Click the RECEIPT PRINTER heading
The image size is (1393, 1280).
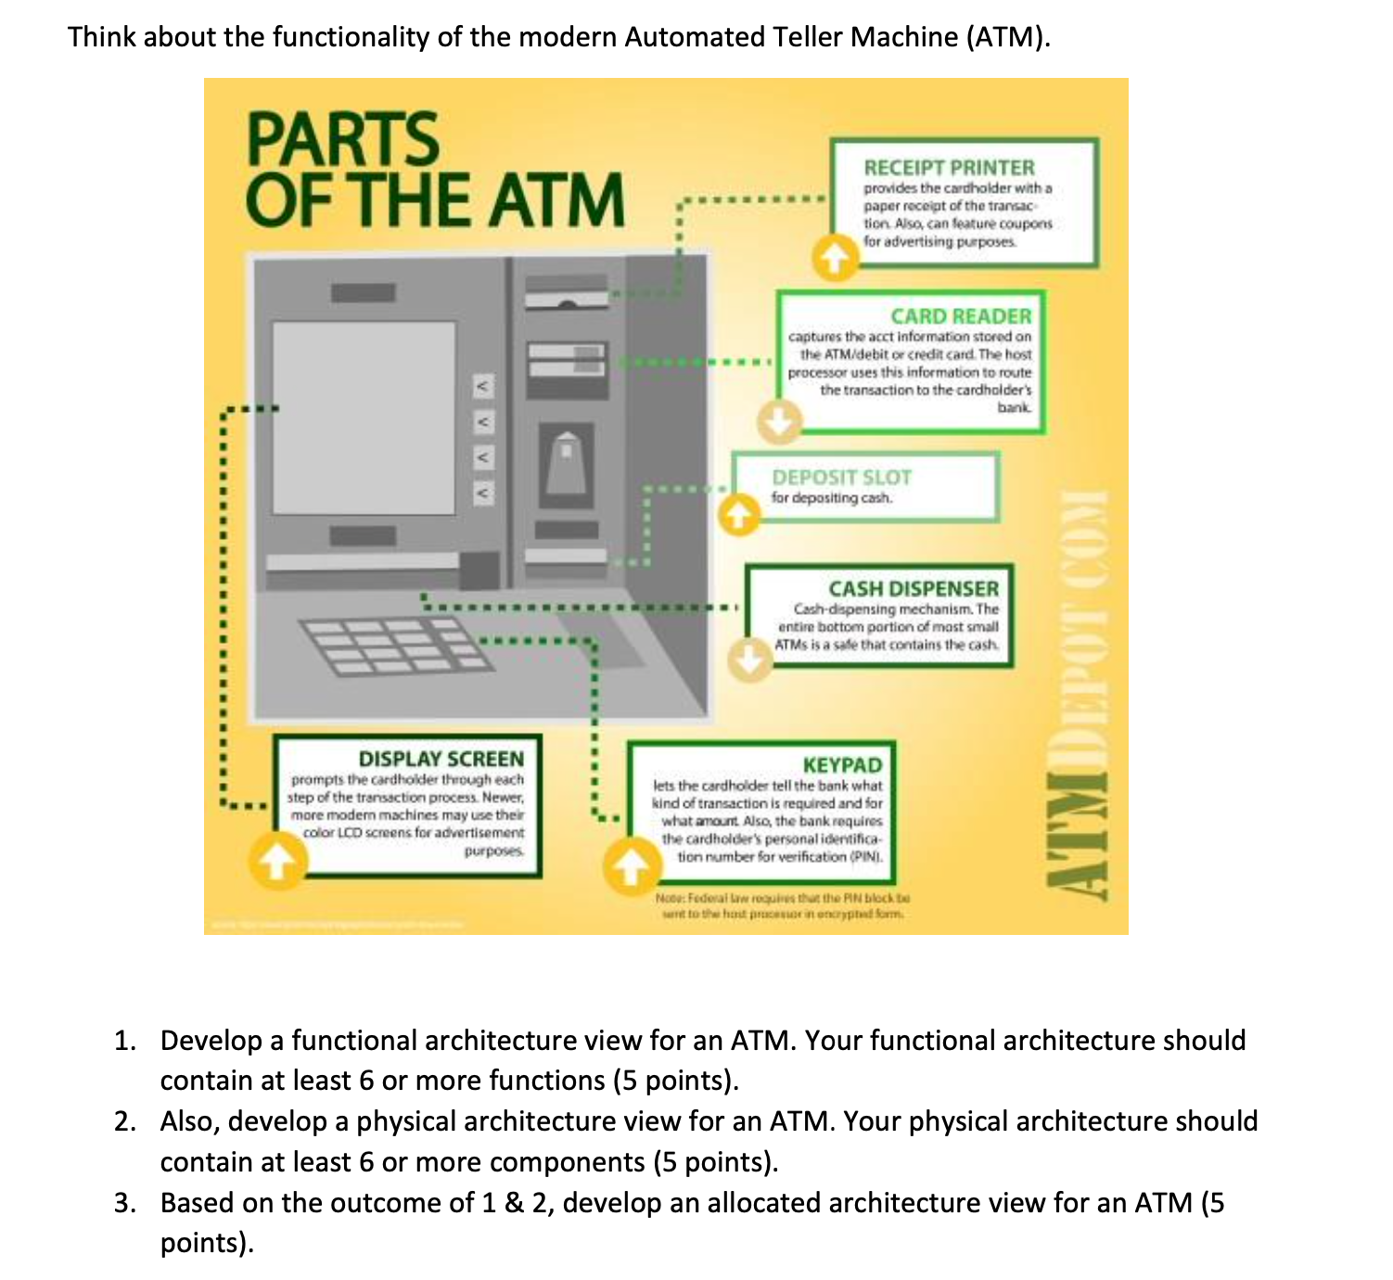pyautogui.click(x=949, y=168)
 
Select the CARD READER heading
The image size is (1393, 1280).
pyautogui.click(x=960, y=316)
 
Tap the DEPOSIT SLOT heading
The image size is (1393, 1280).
pyautogui.click(x=841, y=478)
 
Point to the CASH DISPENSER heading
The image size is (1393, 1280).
pyautogui.click(x=914, y=589)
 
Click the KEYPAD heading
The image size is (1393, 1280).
pyautogui.click(x=842, y=765)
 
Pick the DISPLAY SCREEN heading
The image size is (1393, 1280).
pyautogui.click(x=441, y=759)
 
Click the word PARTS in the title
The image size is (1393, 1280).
pyautogui.click(x=342, y=139)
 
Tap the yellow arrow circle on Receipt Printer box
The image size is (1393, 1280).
pyautogui.click(x=835, y=258)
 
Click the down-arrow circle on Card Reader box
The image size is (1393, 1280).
pyautogui.click(x=777, y=422)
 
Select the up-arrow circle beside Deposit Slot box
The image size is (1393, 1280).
pyautogui.click(x=738, y=514)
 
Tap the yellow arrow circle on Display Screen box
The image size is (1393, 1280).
pyautogui.click(x=275, y=862)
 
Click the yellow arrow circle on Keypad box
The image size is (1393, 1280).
pyautogui.click(x=630, y=865)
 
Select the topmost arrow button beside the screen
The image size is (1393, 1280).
pyautogui.click(x=481, y=384)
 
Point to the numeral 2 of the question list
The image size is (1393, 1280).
pyautogui.click(x=125, y=1121)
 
